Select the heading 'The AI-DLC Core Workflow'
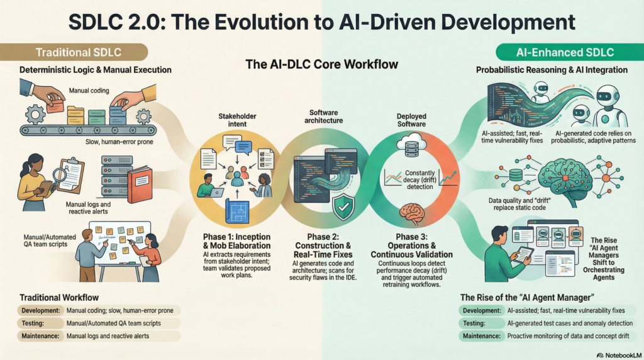point(321,64)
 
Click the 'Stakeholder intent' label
point(237,120)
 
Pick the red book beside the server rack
point(140,183)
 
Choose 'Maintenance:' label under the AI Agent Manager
point(483,336)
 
